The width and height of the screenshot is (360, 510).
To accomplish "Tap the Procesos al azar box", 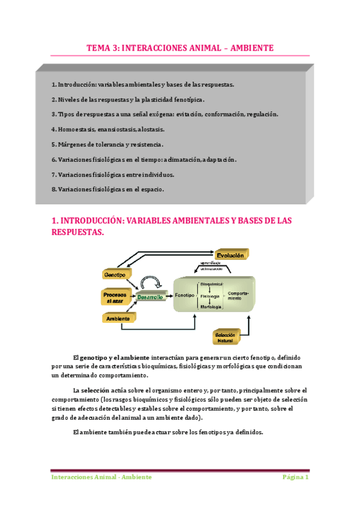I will click(114, 297).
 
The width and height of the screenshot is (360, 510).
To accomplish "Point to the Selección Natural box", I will click(225, 337).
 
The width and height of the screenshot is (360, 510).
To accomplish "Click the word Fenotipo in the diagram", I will click(185, 296).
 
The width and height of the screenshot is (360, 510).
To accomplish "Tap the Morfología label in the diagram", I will click(211, 306).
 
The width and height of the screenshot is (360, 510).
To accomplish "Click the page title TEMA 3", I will click(180, 47).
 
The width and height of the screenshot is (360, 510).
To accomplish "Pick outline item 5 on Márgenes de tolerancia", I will click(108, 144).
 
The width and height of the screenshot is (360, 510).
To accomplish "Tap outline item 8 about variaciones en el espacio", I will click(108, 189).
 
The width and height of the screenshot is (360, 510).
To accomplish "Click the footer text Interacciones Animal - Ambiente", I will click(101, 477).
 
